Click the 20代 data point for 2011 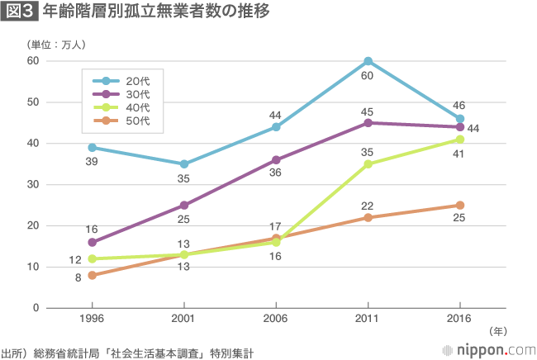(x=368, y=61)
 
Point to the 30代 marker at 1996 (x=92, y=243)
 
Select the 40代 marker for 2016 (x=459, y=140)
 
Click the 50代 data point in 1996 (x=92, y=275)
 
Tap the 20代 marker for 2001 (x=184, y=164)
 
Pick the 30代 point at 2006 (x=276, y=160)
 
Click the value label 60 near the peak (x=368, y=76)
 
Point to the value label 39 (x=92, y=161)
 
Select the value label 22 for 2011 (x=368, y=205)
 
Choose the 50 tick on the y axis (x=33, y=102)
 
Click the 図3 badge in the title (x=18, y=12)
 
